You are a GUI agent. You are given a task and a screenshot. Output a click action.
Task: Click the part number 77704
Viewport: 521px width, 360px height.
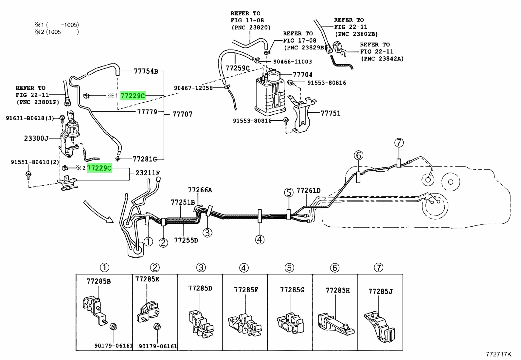[x=302, y=75]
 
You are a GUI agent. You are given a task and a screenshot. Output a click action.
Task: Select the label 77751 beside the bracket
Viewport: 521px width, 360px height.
[x=330, y=113]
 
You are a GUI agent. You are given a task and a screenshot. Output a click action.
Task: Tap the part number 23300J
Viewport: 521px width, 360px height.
[x=36, y=139]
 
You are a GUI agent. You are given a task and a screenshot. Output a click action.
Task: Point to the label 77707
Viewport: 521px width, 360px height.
[x=182, y=114]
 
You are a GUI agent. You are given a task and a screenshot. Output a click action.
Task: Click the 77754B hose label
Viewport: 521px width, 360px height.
[x=146, y=71]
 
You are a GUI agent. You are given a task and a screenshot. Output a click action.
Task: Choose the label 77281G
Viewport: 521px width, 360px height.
[x=145, y=159]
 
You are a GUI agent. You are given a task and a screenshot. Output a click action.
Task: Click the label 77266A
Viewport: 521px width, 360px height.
[x=200, y=190]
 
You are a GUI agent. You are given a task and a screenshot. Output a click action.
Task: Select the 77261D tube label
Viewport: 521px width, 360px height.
[x=308, y=191]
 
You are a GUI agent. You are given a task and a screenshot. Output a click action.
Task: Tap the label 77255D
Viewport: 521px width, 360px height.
[x=186, y=240]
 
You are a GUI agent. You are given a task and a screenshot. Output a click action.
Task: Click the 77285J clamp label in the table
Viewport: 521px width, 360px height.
[x=380, y=291]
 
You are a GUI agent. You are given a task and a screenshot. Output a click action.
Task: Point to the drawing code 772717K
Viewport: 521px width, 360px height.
[x=498, y=354]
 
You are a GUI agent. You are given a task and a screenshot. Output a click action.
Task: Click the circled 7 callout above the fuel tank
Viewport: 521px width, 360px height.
[x=399, y=143]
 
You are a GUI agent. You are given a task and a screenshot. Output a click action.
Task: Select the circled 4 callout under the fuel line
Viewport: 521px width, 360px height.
[x=260, y=240]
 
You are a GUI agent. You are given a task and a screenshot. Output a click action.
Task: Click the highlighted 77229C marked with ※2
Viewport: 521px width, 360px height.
[x=99, y=168]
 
